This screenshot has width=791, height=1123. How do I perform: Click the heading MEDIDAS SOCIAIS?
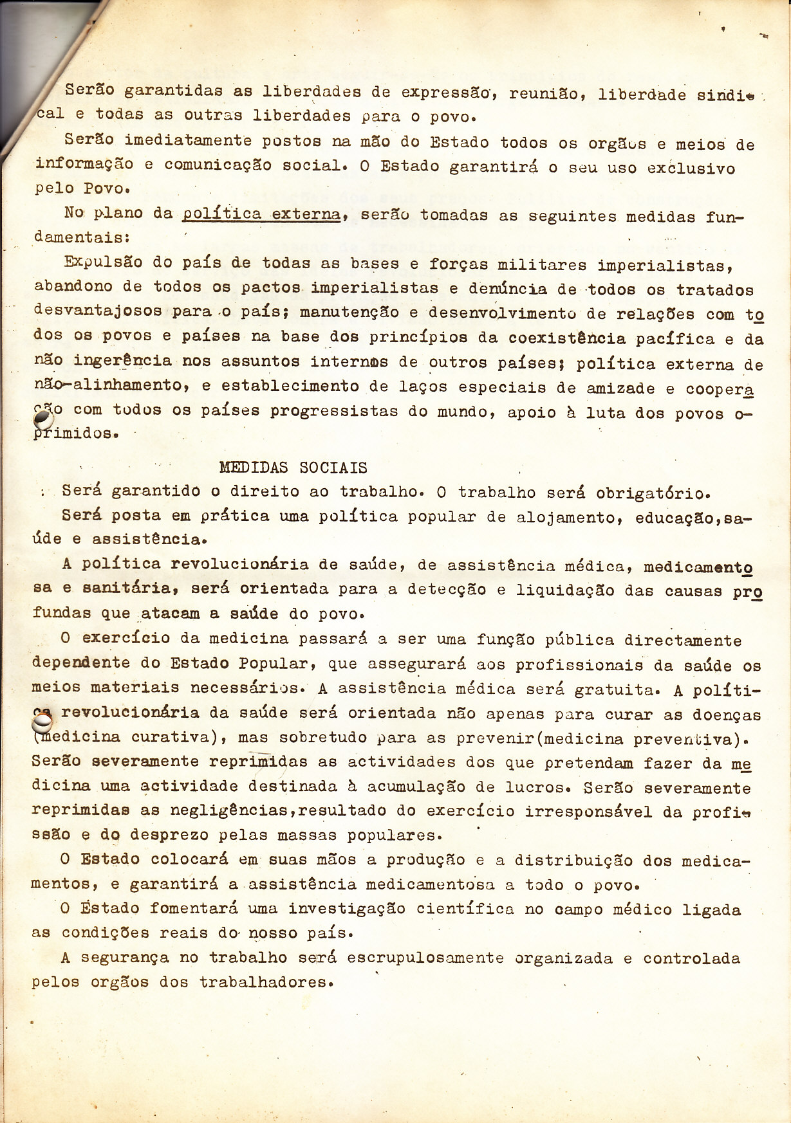pos(293,468)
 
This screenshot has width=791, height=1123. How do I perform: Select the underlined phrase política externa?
pos(261,214)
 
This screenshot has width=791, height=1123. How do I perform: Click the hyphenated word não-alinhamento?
pos(109,386)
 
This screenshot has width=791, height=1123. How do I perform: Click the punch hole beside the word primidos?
pos(42,419)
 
